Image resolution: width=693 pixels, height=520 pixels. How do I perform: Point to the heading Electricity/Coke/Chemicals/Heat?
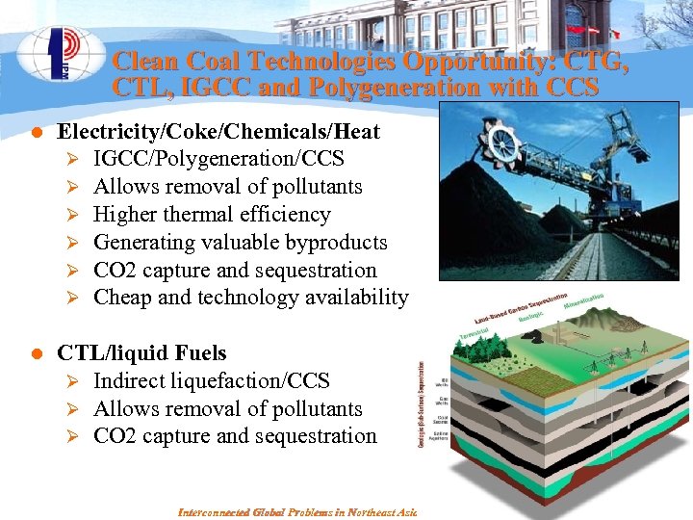click(218, 131)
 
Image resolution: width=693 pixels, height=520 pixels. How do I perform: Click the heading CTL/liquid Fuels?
click(141, 353)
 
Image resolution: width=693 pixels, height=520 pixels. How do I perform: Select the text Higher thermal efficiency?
click(212, 215)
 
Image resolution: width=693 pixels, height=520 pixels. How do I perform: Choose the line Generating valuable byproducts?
click(240, 243)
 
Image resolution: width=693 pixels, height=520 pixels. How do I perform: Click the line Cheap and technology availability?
click(250, 298)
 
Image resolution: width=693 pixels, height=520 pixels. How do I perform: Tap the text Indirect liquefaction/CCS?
click(211, 381)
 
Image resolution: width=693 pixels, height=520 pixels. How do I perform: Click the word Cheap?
click(122, 298)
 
